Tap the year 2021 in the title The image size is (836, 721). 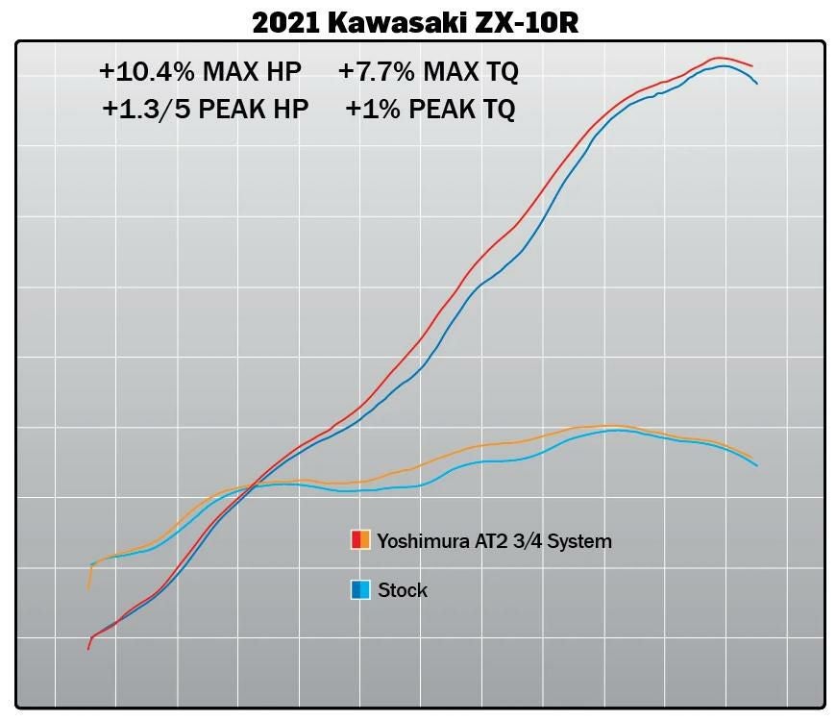tap(285, 20)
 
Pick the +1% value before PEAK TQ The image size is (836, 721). tap(373, 109)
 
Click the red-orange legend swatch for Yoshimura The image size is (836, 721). tap(360, 539)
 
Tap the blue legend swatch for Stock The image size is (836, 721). tap(360, 589)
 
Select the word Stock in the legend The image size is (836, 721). tap(403, 589)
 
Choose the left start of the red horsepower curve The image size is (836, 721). tap(88, 649)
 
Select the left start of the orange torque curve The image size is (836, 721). tap(88, 587)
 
